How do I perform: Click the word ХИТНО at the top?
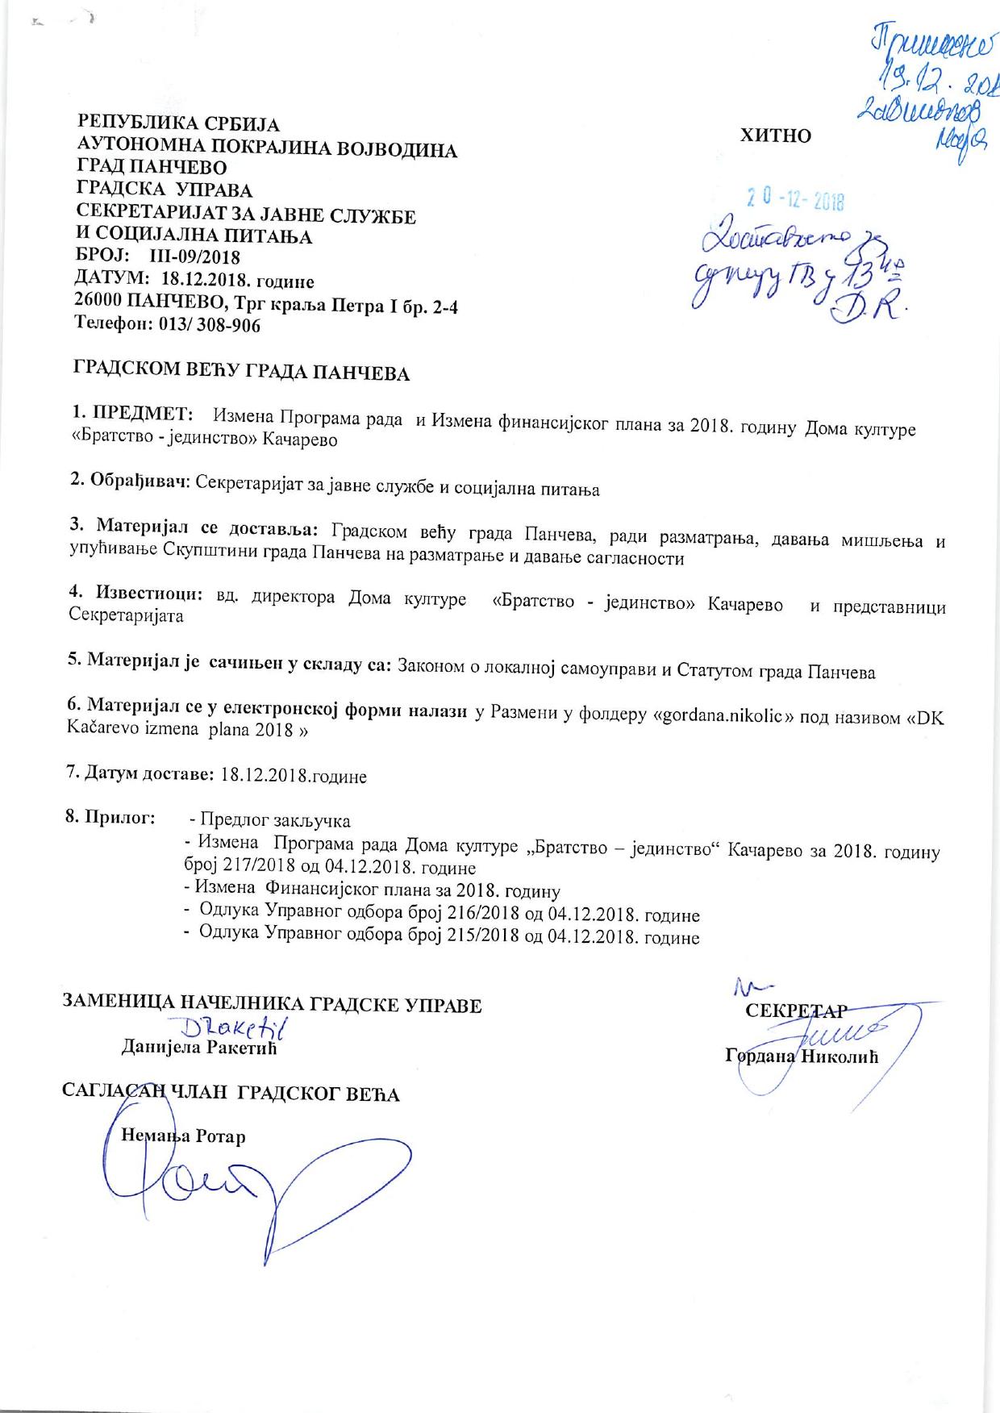(776, 135)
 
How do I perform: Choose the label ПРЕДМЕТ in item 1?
(142, 414)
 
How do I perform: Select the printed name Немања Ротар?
(183, 1136)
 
